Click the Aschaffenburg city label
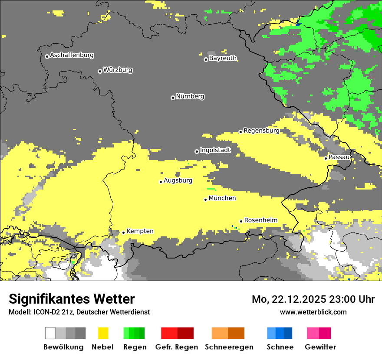tap(72, 56)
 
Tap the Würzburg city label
tap(118, 70)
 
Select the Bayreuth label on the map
tap(223, 58)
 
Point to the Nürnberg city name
tap(190, 96)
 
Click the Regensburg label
tap(261, 131)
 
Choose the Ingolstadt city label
tap(215, 150)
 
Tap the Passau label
tap(339, 157)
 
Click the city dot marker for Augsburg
tap(161, 182)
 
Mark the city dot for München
tap(205, 200)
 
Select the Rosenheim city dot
tap(241, 221)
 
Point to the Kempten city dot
tap(123, 232)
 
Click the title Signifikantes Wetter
tap(72, 299)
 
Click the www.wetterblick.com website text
tap(313, 312)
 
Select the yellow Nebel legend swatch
tap(103, 333)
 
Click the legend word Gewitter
tap(320, 347)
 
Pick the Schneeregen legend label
tap(229, 347)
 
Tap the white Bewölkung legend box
tap(50, 333)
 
